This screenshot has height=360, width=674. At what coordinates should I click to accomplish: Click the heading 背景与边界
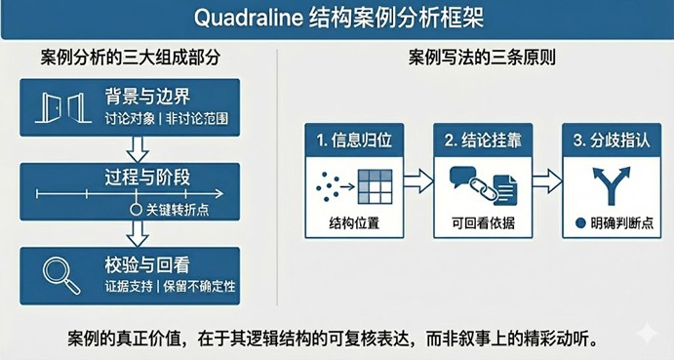pyautogui.click(x=149, y=97)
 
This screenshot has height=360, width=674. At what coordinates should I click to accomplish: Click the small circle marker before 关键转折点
pyautogui.click(x=137, y=208)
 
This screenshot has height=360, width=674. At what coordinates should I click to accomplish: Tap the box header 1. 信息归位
pyautogui.click(x=353, y=140)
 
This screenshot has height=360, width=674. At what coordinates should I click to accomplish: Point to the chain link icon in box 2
pyautogui.click(x=480, y=181)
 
